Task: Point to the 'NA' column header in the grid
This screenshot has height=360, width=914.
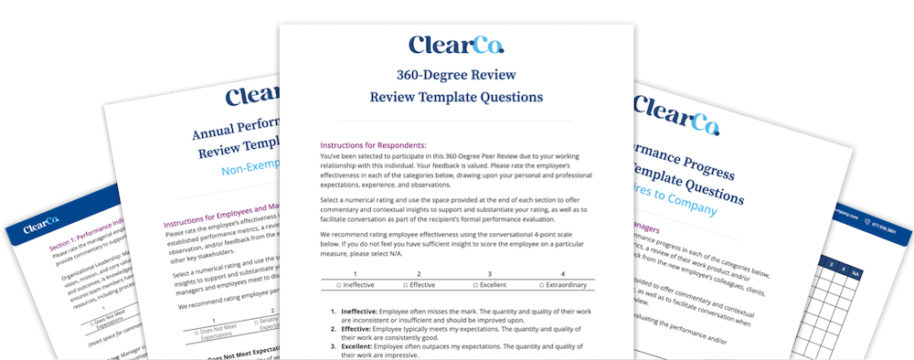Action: pos(854,271)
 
